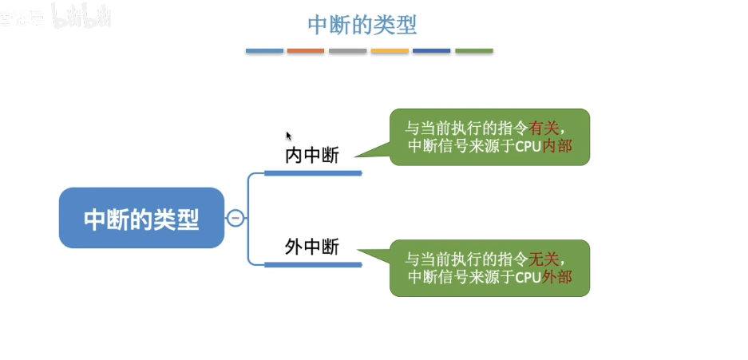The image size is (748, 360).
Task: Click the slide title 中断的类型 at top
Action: [362, 25]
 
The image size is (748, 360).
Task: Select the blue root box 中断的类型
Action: [141, 218]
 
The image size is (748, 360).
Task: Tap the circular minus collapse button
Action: [235, 218]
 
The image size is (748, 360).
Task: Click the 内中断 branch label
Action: [312, 156]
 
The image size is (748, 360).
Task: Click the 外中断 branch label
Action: [312, 247]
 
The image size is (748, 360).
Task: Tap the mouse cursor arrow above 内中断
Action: [289, 136]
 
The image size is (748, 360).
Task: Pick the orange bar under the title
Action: [306, 51]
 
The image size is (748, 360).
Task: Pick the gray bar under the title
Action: [347, 51]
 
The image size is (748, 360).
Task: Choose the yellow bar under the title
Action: [390, 51]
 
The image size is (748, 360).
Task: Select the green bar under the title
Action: [473, 51]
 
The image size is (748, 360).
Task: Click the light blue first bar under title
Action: [264, 51]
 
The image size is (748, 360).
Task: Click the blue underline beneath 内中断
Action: [313, 172]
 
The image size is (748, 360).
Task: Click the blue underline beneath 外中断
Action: [313, 264]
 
